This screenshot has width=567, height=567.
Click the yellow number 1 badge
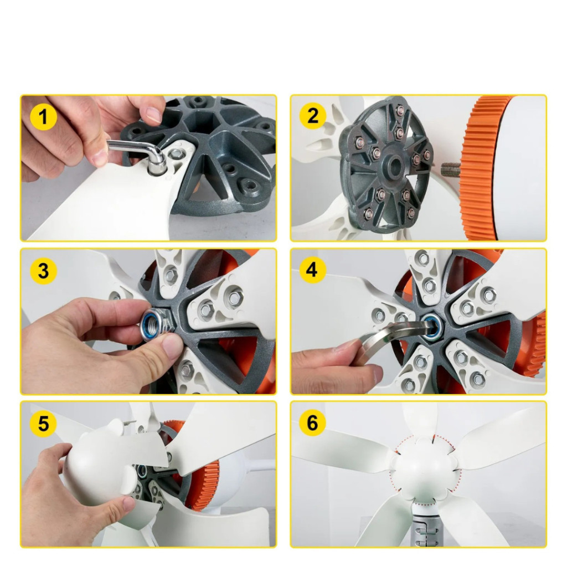tap(43, 117)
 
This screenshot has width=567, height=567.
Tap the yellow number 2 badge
tap(313, 116)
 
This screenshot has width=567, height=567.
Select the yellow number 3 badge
tap(43, 271)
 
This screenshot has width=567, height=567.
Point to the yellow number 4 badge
tap(313, 270)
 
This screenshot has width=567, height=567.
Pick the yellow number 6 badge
tap(313, 422)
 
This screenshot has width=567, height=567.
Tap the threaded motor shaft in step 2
tap(451, 168)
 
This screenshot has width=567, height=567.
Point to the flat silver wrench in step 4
tap(394, 336)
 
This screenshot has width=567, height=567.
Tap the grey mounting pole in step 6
tap(427, 525)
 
